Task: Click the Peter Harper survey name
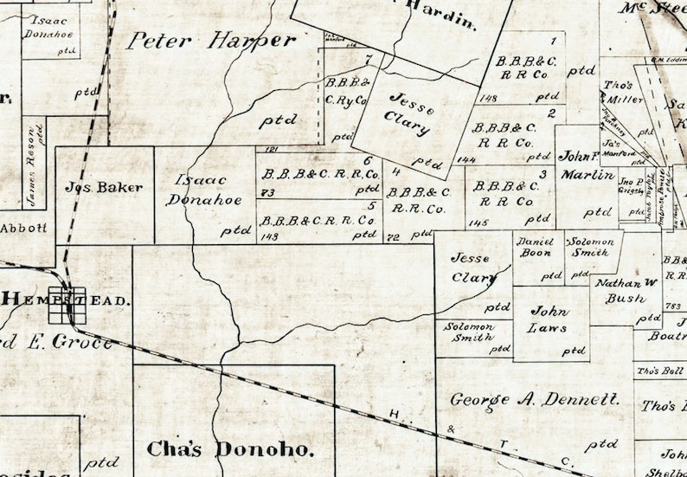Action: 211,41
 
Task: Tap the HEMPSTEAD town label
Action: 66,300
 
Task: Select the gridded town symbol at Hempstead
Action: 67,305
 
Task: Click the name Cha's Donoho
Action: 228,449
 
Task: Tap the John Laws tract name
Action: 549,319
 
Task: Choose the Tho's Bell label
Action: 660,371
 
